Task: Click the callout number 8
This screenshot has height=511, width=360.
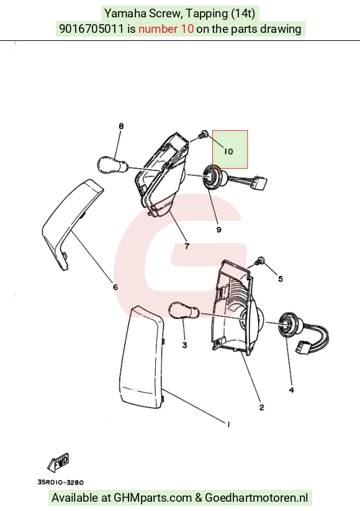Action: [121, 126]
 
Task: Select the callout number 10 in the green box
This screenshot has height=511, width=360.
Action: [228, 151]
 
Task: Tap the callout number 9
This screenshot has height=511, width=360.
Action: [219, 229]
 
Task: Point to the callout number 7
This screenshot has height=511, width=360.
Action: [187, 246]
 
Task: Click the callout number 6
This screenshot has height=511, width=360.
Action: [115, 287]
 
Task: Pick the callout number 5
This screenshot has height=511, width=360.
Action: [281, 279]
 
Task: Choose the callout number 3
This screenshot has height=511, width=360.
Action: [184, 345]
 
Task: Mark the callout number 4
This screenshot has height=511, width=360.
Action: [292, 390]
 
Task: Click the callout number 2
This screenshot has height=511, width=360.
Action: [261, 407]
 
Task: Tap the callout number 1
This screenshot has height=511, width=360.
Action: [228, 424]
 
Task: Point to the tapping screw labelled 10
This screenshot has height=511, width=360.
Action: [204, 134]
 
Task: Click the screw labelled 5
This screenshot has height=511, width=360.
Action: [260, 260]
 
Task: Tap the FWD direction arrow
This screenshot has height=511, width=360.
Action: [59, 463]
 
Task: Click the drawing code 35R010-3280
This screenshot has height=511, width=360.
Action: [61, 482]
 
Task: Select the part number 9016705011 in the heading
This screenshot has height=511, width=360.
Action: [91, 29]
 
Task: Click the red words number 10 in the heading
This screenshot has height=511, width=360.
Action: [166, 29]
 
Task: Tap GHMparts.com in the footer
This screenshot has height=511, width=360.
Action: [153, 497]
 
